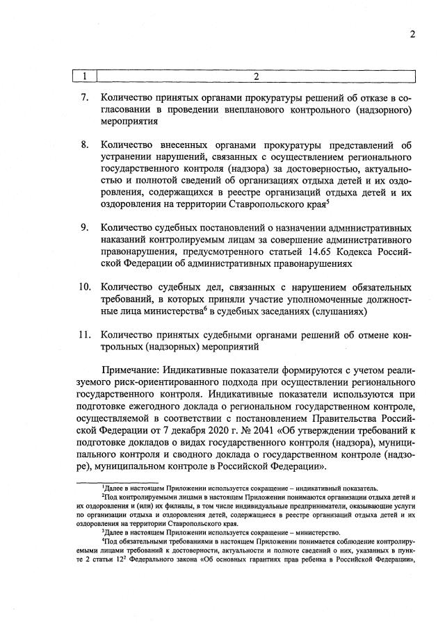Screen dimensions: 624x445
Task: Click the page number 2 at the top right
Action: point(412,34)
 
